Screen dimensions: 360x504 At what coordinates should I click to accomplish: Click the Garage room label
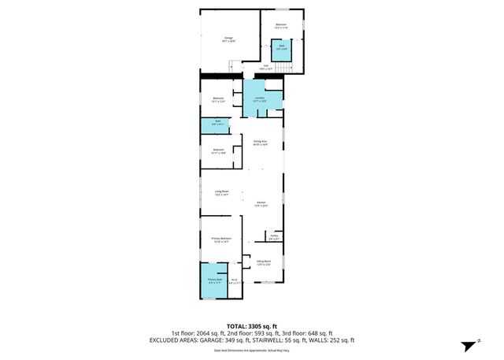tap(228, 39)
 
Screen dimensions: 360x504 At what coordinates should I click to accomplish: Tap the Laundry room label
tap(259, 99)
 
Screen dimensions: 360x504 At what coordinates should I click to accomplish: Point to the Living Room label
tap(221, 192)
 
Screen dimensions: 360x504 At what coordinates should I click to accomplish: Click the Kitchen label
tap(261, 203)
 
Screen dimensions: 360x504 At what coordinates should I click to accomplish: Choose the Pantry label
tap(274, 236)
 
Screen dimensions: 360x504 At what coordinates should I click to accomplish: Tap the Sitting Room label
tap(264, 262)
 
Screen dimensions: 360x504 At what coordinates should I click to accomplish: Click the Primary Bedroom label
tap(220, 239)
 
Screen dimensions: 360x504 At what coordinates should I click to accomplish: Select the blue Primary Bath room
tap(213, 283)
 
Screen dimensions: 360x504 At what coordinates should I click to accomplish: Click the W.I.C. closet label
tap(233, 281)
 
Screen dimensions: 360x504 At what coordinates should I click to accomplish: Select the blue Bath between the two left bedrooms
tap(218, 122)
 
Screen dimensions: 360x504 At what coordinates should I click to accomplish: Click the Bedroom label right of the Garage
tap(281, 26)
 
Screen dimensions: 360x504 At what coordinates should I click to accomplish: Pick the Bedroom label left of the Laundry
tap(218, 99)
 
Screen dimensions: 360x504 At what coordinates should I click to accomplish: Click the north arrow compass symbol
tap(467, 343)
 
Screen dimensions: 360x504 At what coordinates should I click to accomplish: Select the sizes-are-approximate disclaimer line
tap(252, 351)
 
